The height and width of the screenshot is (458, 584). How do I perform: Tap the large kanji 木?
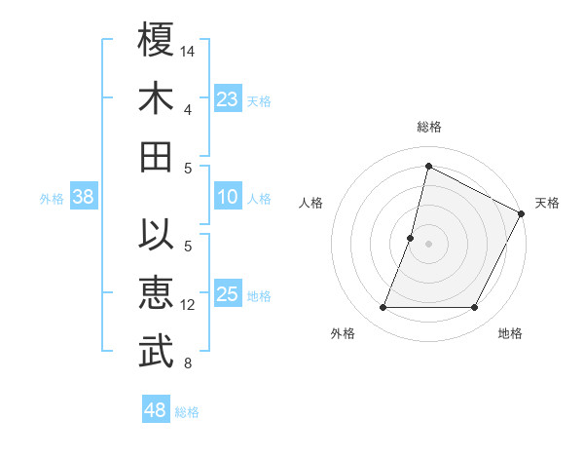[x=157, y=97]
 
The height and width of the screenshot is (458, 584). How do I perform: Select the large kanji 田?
[x=157, y=156]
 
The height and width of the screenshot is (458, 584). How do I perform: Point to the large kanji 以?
[x=157, y=236]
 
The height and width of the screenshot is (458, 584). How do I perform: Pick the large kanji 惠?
[x=157, y=294]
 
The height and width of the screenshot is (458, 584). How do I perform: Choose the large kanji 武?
[x=157, y=353]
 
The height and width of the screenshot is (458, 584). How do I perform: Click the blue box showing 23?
[x=227, y=98]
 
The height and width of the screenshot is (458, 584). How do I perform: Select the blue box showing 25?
[x=227, y=294]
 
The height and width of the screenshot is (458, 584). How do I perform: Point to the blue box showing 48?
[x=156, y=410]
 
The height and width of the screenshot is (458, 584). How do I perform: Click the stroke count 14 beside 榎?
[x=188, y=49]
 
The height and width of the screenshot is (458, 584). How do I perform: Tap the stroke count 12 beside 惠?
[x=188, y=305]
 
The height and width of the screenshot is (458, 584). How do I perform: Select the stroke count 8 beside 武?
[x=188, y=364]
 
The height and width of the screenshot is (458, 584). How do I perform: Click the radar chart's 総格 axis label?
[x=429, y=127]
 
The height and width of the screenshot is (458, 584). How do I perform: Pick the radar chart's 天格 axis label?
[x=548, y=203]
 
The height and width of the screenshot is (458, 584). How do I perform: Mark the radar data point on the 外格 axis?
[x=383, y=308]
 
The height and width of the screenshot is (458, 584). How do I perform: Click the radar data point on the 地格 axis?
[x=475, y=308]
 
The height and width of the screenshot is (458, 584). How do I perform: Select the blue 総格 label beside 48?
[x=187, y=412]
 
